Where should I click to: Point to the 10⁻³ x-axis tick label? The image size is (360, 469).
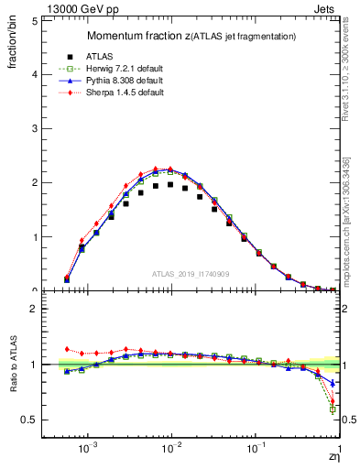[x=88, y=451]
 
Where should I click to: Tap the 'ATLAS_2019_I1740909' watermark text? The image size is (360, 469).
[x=191, y=274]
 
